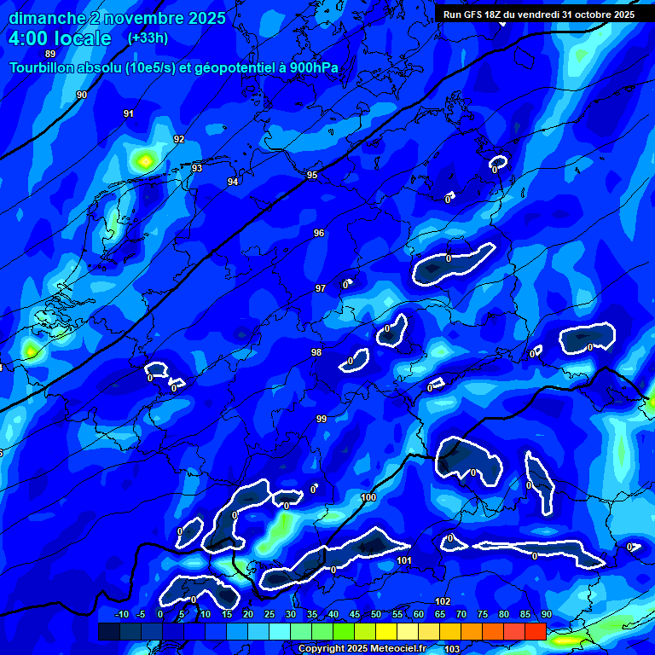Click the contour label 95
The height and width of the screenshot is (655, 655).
312,175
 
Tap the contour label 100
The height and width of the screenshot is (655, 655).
368,497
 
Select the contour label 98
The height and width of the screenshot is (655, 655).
316,352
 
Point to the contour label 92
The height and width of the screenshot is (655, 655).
179,139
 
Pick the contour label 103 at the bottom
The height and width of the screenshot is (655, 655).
452,649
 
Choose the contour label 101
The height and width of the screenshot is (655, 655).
404,560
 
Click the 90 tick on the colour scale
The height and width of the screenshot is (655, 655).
546,614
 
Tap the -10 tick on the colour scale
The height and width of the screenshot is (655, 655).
121,614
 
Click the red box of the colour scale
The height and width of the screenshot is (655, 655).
535,631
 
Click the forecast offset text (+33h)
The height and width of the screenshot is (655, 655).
148,38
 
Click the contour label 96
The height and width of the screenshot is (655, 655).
319,233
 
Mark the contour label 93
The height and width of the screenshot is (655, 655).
197,168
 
